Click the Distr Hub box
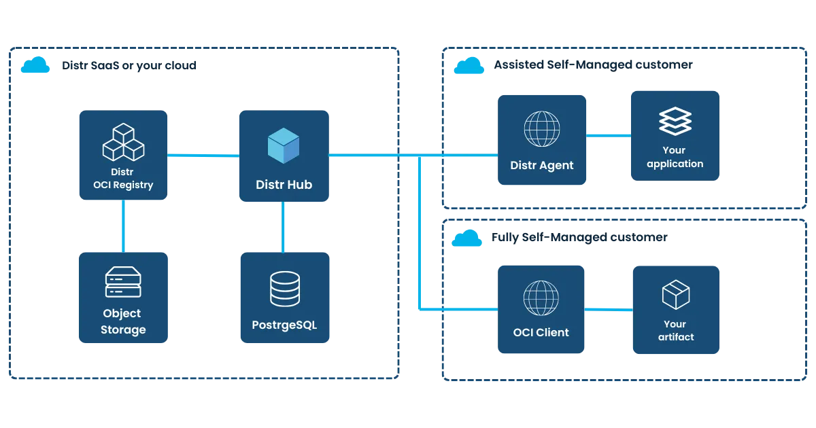[284, 156]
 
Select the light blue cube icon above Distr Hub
[284, 145]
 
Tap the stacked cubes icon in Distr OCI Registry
[123, 142]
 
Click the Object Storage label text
[123, 321]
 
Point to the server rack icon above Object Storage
[123, 283]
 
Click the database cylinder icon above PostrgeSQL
[284, 289]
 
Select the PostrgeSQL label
[284, 325]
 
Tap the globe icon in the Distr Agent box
[542, 128]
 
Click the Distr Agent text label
[542, 165]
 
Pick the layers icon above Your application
[675, 122]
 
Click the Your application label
[675, 157]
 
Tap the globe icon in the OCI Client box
[541, 298]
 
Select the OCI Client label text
[541, 333]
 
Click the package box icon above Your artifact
[676, 294]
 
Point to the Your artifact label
[676, 330]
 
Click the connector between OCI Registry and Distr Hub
[203, 155]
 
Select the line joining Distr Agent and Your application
[608, 136]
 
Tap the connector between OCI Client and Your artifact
[609, 309]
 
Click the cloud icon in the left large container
[35, 65]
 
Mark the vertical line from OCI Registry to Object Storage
[123, 225]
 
